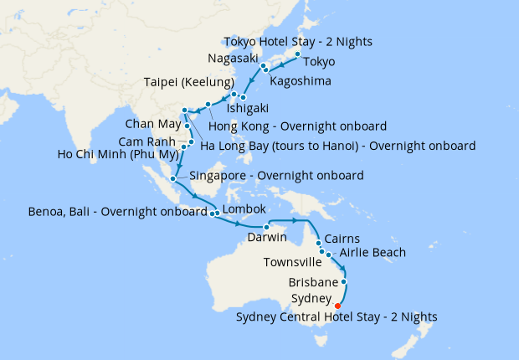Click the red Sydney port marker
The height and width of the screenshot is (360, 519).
click(x=337, y=305)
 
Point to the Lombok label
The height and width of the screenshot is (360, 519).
click(x=244, y=208)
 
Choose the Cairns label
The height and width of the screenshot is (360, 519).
click(x=342, y=238)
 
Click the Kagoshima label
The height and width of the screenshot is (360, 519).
click(x=301, y=82)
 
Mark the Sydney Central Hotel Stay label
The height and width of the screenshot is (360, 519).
click(x=337, y=317)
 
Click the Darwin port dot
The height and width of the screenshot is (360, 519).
click(x=266, y=227)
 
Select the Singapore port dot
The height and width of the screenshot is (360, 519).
click(x=173, y=177)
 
